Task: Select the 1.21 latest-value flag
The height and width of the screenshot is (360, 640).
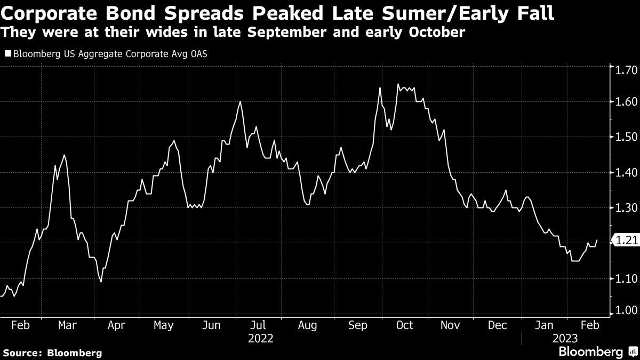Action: coord(626,241)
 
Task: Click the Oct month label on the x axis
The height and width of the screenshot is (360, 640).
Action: coord(405,325)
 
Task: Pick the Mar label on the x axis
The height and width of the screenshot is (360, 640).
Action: coord(68,325)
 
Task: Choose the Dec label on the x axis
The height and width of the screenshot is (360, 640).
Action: coord(497,325)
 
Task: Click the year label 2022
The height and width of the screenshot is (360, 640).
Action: coord(261,338)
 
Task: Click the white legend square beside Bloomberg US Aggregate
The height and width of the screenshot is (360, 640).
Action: coord(8,54)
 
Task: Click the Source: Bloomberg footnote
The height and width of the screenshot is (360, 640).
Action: coord(52,353)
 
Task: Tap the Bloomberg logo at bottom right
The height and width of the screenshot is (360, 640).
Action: coord(597,351)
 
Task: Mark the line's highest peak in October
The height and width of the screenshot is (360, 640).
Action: coord(398,84)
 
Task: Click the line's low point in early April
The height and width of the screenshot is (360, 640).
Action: coord(101,282)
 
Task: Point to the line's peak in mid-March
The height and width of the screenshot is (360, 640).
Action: coord(64,155)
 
